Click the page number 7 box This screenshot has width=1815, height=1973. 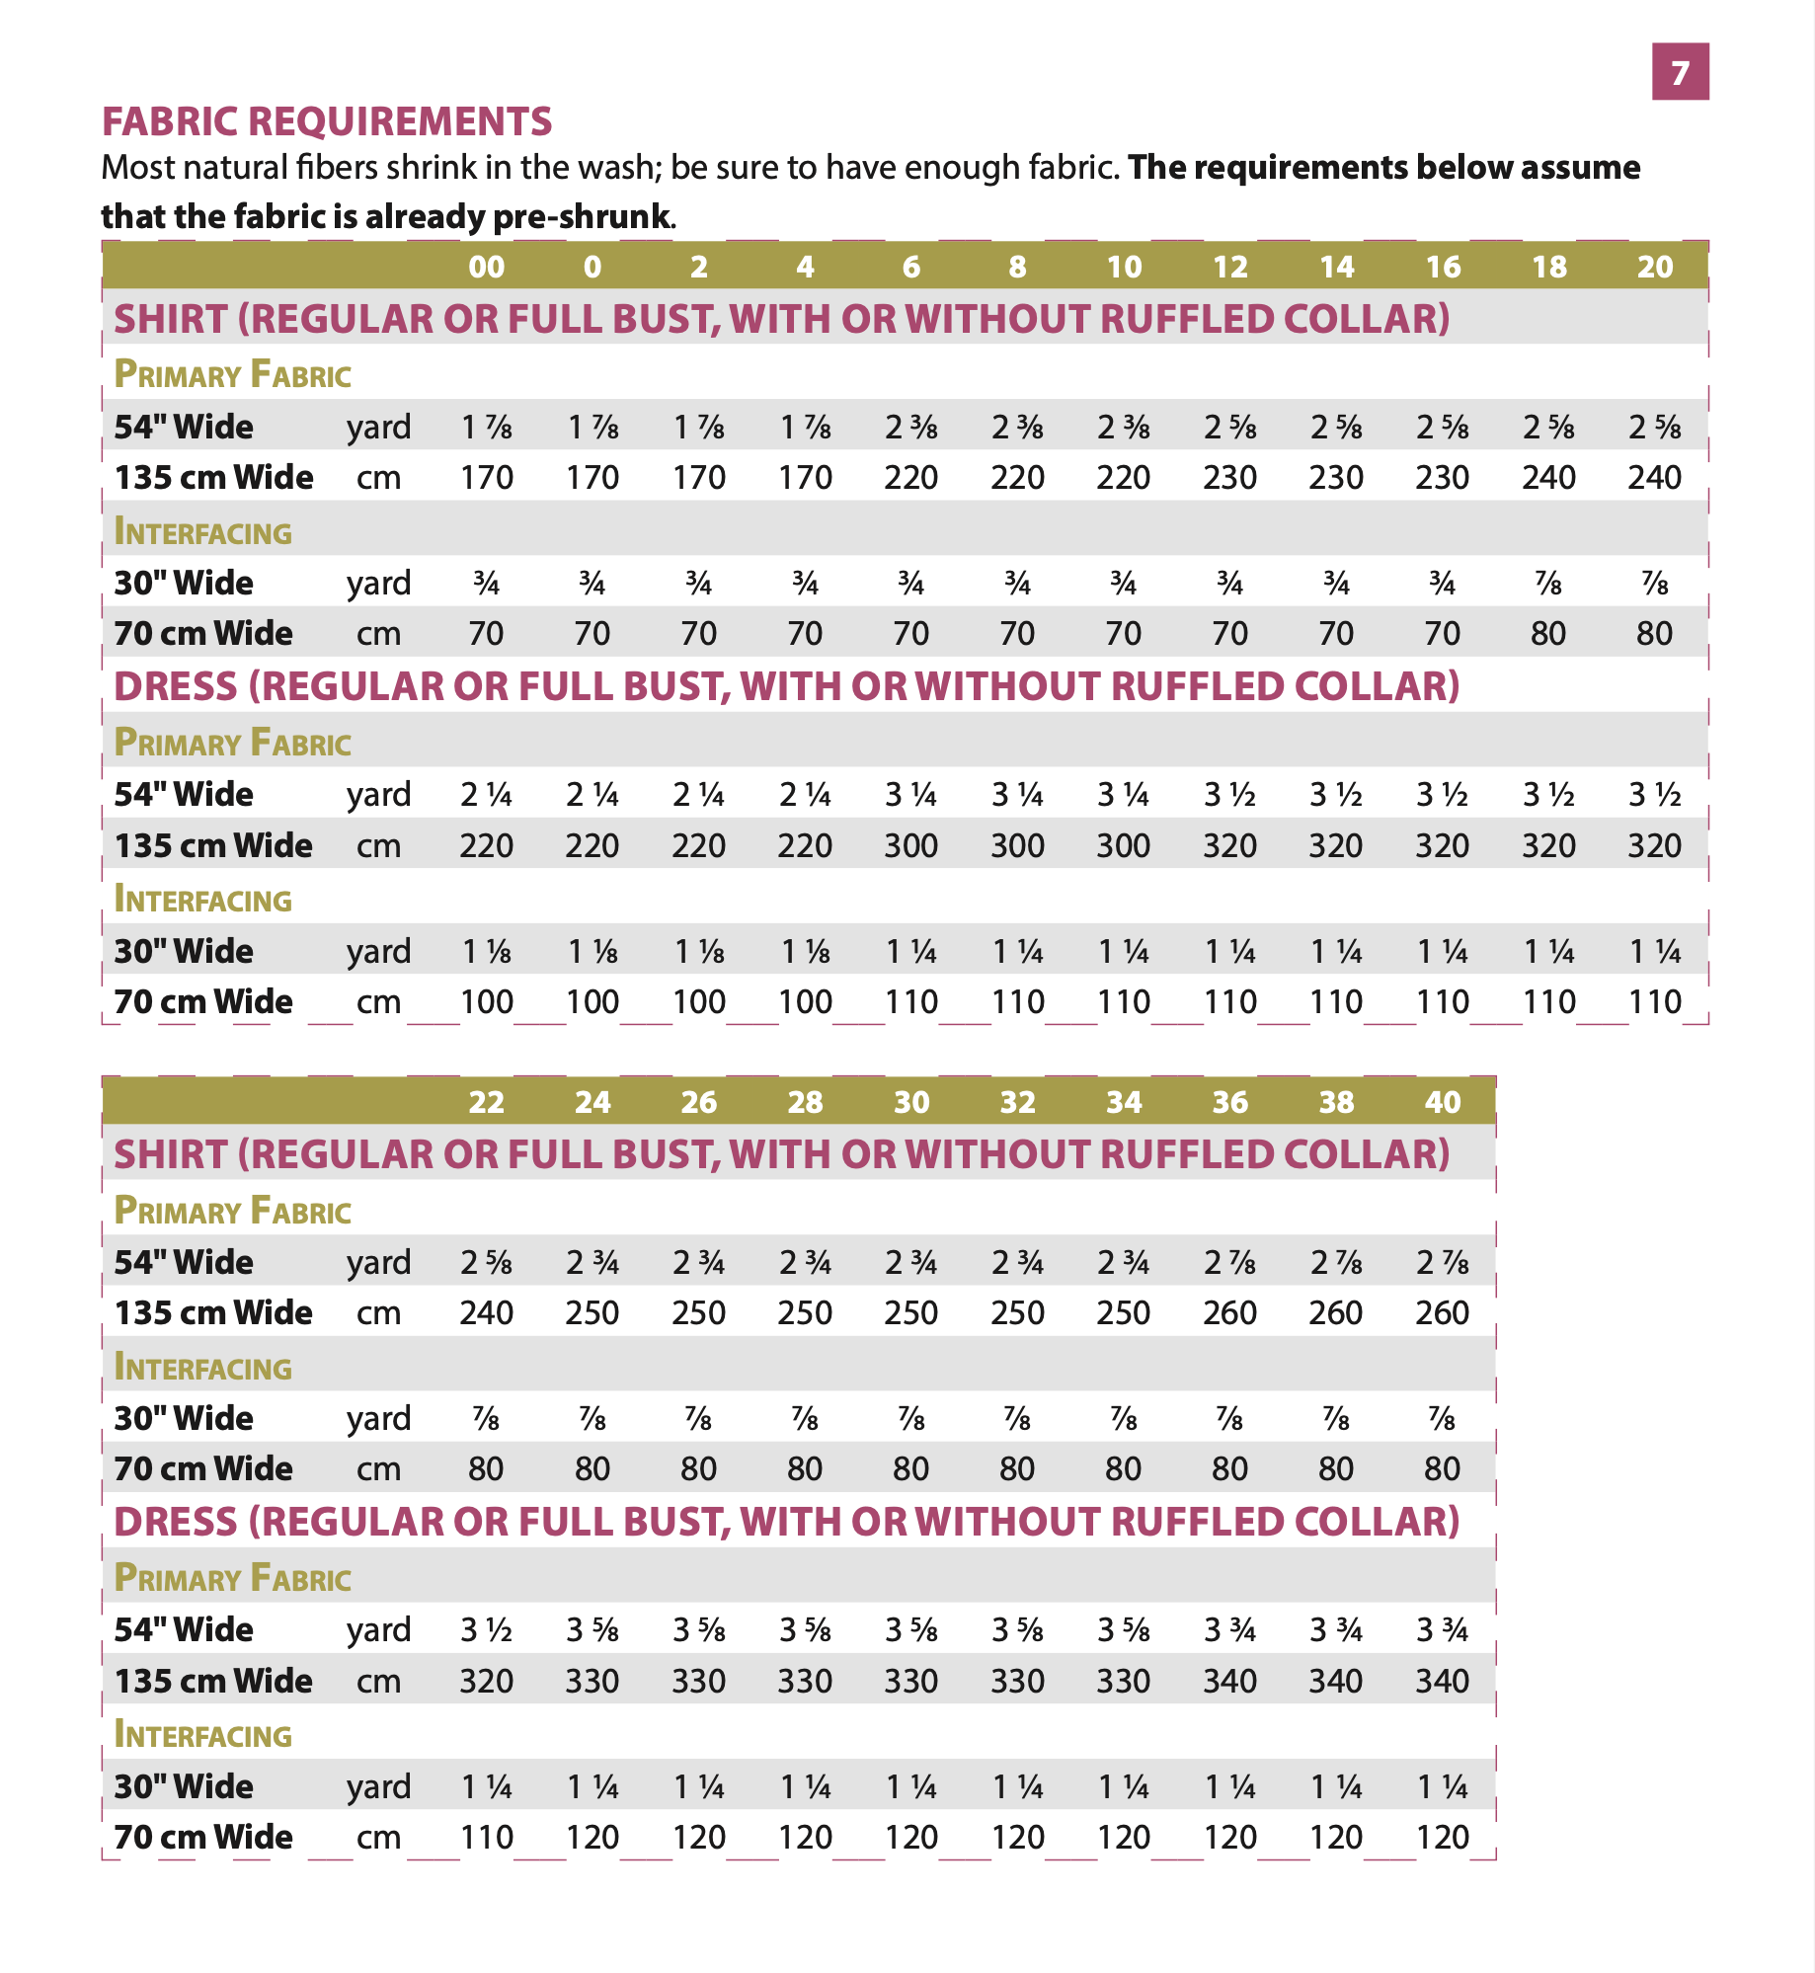pyautogui.click(x=1680, y=72)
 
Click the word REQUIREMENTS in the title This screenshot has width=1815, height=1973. pyautogui.click(x=399, y=121)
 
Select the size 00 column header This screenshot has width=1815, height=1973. pyautogui.click(x=486, y=267)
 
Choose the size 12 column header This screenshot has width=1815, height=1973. pyautogui.click(x=1229, y=267)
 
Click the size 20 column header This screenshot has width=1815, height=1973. pyautogui.click(x=1655, y=267)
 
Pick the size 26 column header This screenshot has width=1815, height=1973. pyautogui.click(x=698, y=1102)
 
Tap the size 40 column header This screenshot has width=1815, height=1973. pyautogui.click(x=1442, y=1102)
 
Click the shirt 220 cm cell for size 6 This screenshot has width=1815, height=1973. pyautogui.click(x=910, y=478)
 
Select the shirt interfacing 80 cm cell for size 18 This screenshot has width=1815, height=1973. pyautogui.click(x=1548, y=633)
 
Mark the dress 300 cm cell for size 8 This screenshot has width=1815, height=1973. pyautogui.click(x=1017, y=846)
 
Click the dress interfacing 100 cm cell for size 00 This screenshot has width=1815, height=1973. pyautogui.click(x=486, y=1002)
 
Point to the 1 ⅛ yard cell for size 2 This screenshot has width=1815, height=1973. pyautogui.click(x=698, y=952)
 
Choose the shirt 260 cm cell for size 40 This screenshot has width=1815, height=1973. pyautogui.click(x=1442, y=1313)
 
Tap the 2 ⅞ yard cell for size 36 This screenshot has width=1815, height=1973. pyautogui.click(x=1229, y=1263)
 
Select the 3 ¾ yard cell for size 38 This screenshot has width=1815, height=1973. pyautogui.click(x=1336, y=1630)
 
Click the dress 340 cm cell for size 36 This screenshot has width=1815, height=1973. pyautogui.click(x=1229, y=1681)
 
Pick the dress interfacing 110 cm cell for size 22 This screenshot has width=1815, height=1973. pyautogui.click(x=486, y=1838)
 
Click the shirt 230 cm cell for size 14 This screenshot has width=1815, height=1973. pyautogui.click(x=1336, y=478)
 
